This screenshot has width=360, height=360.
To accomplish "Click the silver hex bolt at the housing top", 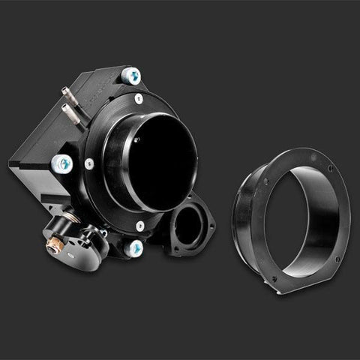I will click(131, 75).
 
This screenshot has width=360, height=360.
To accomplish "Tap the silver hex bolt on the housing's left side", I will click(62, 163).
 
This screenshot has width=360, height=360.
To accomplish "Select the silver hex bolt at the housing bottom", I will click(134, 247).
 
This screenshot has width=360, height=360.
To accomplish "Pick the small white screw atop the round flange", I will click(139, 98).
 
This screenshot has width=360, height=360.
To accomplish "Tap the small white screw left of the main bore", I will click(89, 163).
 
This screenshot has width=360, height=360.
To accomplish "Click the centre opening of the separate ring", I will click(300, 217).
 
